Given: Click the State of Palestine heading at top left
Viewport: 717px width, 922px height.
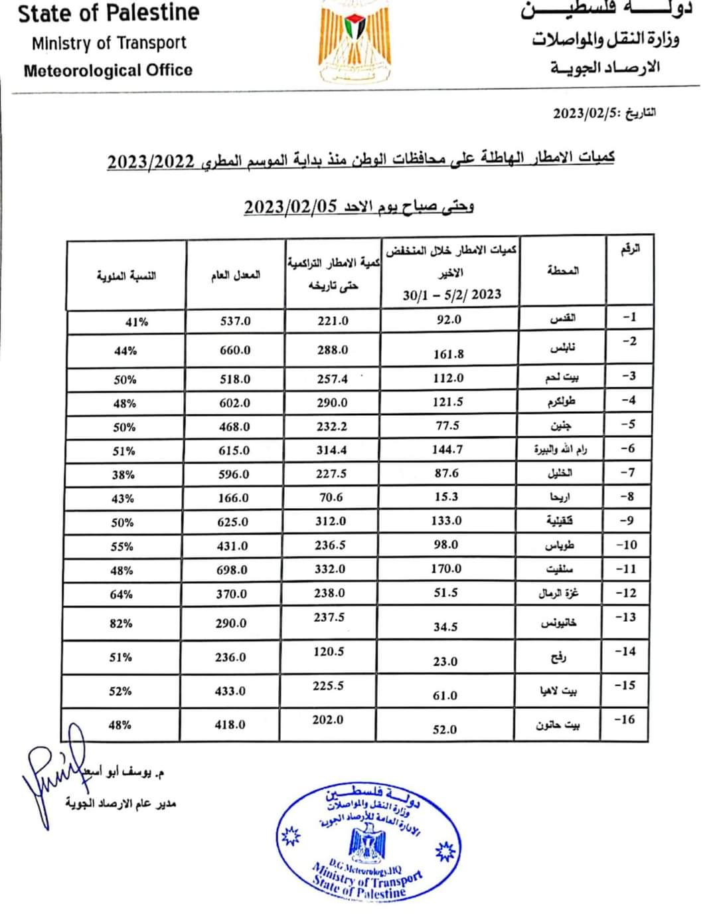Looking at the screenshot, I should click(108, 13).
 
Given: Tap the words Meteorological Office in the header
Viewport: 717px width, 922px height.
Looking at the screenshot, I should click(108, 70).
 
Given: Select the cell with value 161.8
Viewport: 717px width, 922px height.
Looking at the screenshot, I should click(449, 354).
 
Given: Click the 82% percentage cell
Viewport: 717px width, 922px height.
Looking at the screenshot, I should click(121, 623).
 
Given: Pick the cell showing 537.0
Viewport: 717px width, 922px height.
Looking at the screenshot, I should click(236, 321).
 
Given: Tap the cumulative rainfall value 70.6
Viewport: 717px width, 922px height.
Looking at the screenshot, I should click(331, 498).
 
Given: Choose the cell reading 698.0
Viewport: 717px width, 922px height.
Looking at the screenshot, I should click(232, 570).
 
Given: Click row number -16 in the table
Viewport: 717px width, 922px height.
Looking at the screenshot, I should click(625, 719).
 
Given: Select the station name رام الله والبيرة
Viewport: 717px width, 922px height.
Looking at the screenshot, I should click(560, 450).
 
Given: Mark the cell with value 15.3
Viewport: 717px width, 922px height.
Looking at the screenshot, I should click(446, 497).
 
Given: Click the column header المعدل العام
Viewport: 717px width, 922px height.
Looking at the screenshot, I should click(236, 275).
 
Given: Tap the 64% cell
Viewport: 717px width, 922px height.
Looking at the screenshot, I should click(121, 594).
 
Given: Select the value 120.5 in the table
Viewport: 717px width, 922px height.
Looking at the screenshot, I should click(329, 652).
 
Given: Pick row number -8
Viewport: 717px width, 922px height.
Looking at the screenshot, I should click(626, 496).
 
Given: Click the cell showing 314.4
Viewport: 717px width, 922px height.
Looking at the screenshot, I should click(331, 450).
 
